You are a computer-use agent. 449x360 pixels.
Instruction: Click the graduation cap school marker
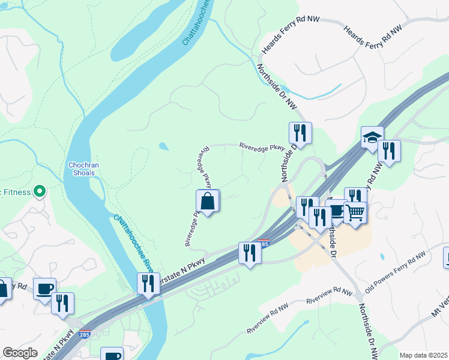click(x=372, y=137)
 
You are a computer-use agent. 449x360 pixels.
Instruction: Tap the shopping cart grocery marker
click(x=355, y=212)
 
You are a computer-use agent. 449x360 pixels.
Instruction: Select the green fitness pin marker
click(x=40, y=192)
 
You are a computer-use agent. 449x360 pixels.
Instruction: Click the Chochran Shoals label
click(x=82, y=169)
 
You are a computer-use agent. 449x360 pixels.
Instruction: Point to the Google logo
click(x=20, y=353)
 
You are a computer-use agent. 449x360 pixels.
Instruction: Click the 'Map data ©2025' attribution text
click(x=423, y=355)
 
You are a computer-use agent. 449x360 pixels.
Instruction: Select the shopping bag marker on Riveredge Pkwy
click(x=208, y=201)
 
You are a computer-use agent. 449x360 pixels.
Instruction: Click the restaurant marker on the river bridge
click(x=148, y=283)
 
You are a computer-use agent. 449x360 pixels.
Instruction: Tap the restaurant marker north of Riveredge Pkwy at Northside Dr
click(x=300, y=133)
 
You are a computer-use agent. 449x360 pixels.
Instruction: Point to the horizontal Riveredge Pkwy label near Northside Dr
click(x=262, y=146)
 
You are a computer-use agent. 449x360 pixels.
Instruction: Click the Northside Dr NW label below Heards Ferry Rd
click(x=277, y=87)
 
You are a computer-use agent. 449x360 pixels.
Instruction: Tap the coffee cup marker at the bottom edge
click(x=112, y=355)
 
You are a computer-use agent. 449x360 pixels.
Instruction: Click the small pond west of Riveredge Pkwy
click(x=164, y=146)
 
